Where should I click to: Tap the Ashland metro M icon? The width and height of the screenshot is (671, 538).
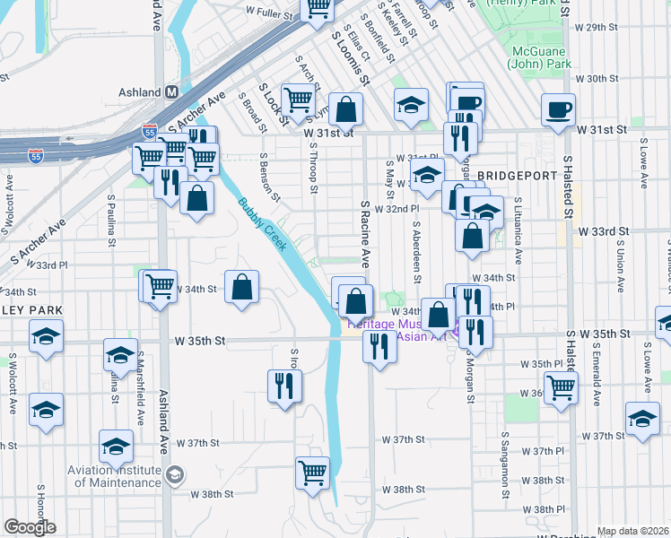[x=171, y=92]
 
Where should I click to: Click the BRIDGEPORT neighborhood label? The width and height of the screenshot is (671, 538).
[x=517, y=176]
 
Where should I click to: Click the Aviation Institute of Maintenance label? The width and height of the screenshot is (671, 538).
[x=118, y=475]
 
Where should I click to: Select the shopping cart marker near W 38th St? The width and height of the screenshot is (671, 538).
[x=312, y=472]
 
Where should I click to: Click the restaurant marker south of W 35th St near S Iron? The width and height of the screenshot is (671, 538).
[x=284, y=386]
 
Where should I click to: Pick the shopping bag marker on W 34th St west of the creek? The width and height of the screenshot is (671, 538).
[x=242, y=288]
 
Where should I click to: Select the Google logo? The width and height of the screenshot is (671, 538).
[x=30, y=527]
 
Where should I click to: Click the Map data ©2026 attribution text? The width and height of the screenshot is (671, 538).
[x=632, y=531]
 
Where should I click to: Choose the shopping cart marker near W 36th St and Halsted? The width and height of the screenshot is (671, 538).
[x=561, y=388]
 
